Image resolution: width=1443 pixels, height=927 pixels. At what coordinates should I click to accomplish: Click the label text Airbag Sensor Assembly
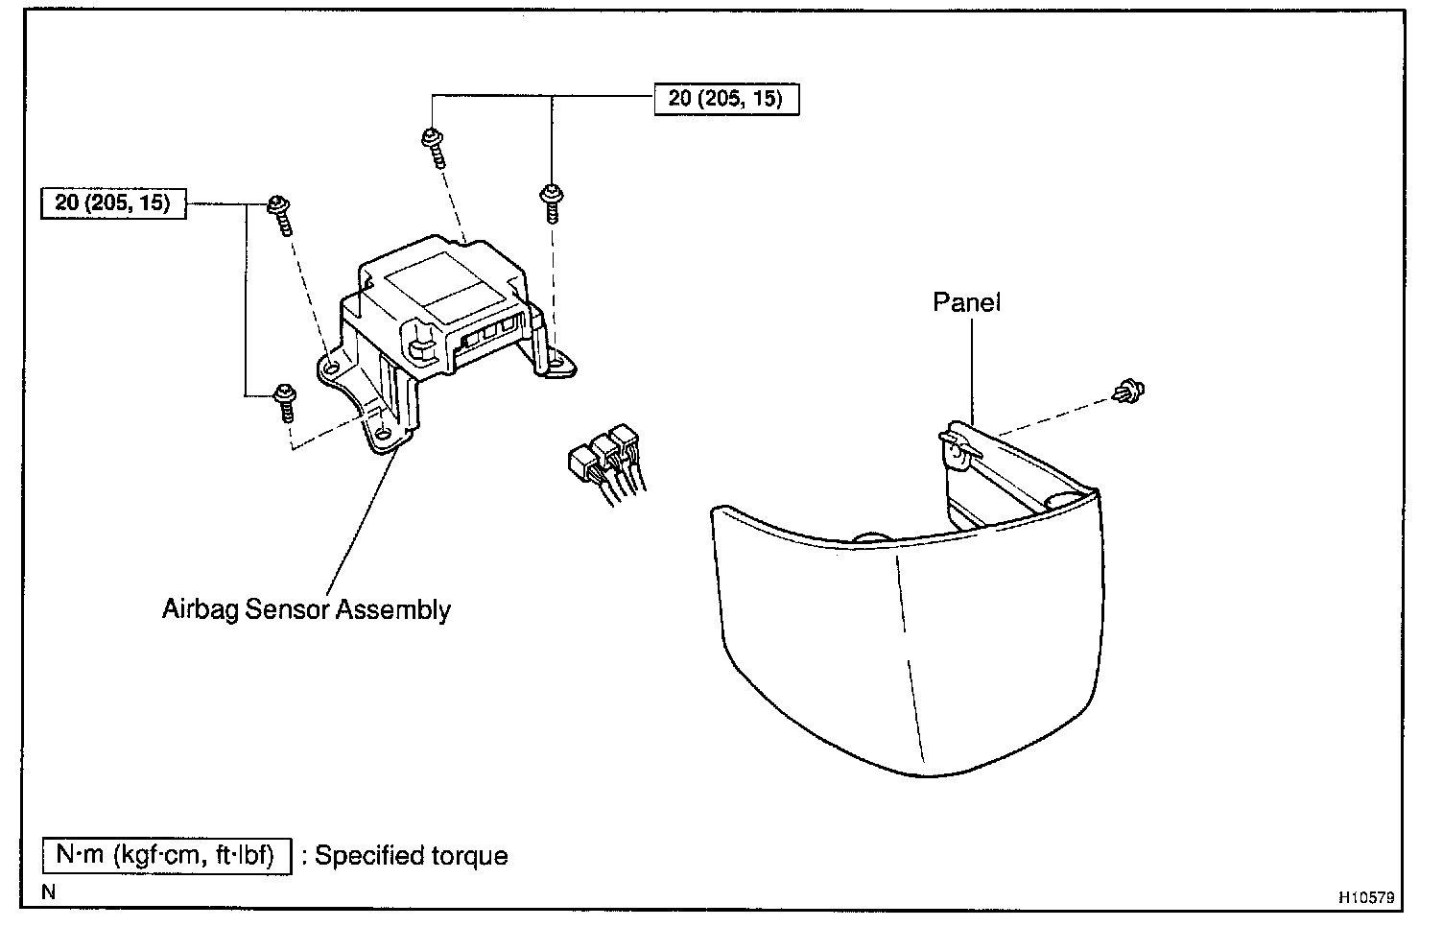[306, 609]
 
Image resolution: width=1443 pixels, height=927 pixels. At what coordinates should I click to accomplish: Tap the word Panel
[966, 302]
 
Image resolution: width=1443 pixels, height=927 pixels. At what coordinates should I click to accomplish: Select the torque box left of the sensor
[112, 203]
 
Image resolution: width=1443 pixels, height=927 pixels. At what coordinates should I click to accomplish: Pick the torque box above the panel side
[726, 99]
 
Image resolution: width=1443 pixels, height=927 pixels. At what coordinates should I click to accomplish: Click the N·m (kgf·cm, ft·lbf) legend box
[165, 855]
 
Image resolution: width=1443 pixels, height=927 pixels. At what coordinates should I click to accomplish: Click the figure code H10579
[1366, 898]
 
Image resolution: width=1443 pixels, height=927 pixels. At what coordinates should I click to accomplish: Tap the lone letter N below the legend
[49, 892]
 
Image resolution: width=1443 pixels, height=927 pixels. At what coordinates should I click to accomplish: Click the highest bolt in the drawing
[431, 144]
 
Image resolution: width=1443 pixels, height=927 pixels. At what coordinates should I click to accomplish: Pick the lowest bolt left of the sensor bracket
[285, 400]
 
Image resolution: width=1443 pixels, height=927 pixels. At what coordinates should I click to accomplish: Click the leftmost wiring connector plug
[583, 463]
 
